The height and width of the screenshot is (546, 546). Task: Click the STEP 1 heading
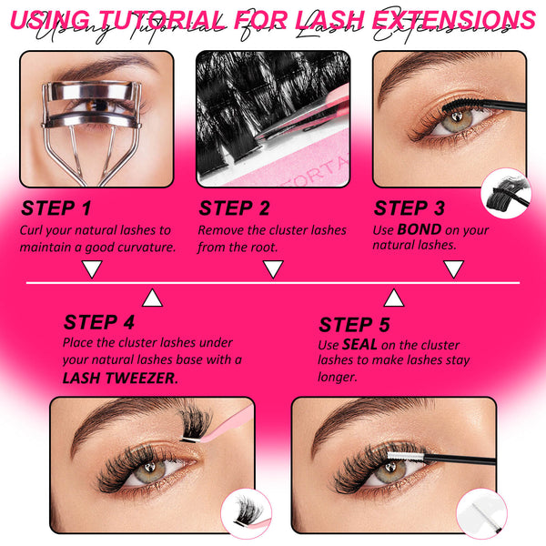click(x=56, y=208)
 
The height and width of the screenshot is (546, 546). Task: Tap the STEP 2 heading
click(x=234, y=208)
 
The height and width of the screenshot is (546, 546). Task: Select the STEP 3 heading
click(x=409, y=208)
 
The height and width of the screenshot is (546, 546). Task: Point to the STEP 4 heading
click(x=99, y=322)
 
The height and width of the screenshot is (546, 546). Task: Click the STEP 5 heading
click(x=355, y=325)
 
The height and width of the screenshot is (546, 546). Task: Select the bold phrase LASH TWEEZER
click(x=119, y=377)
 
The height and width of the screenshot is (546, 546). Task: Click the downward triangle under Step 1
click(x=91, y=268)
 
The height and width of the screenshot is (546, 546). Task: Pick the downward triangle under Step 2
click(x=273, y=268)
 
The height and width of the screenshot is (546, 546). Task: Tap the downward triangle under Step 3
click(x=453, y=268)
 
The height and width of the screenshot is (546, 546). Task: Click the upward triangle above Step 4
click(x=153, y=298)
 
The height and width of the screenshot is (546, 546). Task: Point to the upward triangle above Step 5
click(x=393, y=298)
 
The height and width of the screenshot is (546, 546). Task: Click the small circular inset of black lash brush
click(x=507, y=193)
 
